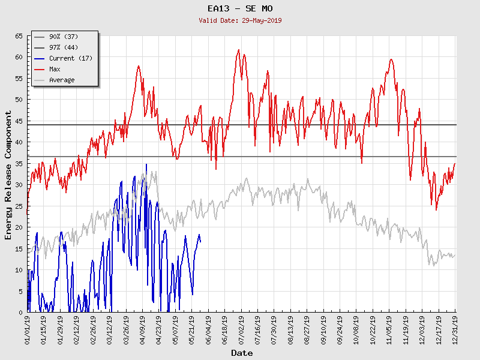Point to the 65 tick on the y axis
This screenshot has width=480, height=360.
coord(18,36)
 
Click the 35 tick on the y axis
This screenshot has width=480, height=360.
coord(18,163)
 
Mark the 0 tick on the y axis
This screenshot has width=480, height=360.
coord(20,312)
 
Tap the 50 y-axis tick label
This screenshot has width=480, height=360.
coord(18,100)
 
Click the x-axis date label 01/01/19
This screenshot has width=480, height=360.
coord(28,330)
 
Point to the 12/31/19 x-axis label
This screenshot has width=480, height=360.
coord(455,330)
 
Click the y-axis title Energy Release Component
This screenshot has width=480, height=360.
coord(8,175)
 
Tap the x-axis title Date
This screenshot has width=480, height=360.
coord(242,353)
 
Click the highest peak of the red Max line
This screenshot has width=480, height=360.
coord(239,50)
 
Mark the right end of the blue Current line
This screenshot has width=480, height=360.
coord(200,242)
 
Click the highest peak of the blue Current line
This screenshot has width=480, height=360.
coord(146,164)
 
